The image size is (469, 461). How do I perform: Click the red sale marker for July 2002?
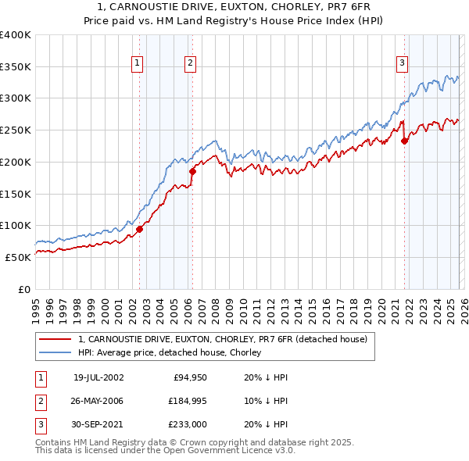pos(140,229)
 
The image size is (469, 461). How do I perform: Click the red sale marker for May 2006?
pos(192,171)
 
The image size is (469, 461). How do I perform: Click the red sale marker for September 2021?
pos(404,141)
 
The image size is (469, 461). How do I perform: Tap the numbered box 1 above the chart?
pos(138,64)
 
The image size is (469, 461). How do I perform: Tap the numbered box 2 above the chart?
pos(191,64)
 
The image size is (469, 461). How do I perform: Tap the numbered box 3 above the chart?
pos(402,64)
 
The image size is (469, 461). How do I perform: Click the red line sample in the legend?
pos(55,339)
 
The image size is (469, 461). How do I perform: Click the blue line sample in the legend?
pos(55,352)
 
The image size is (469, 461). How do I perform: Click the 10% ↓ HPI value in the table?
pos(266,401)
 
